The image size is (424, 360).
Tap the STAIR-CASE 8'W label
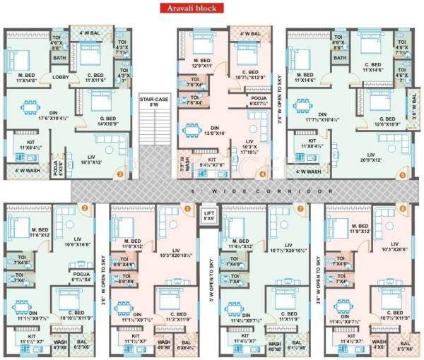pos(149,102)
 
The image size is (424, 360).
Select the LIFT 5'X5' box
pos(208,215)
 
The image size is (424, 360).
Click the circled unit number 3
pos(120,174)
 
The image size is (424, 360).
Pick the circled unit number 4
pos(263,174)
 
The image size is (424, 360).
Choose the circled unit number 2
pos(85,208)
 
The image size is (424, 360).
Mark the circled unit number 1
pos(187,208)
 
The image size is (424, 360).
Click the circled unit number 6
pos(403,208)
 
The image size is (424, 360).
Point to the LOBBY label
pos(60,78)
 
